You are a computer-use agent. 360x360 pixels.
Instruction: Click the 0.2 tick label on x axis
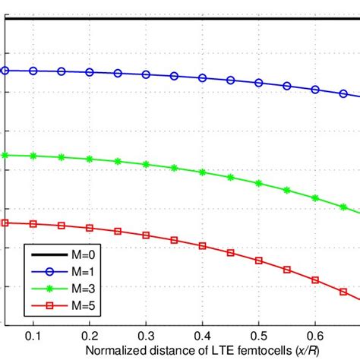point(90,335)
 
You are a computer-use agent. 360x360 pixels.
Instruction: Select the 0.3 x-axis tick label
point(146,335)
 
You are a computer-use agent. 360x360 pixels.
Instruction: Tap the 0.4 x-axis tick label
point(202,335)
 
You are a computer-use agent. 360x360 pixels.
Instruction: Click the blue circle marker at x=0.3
point(147,74)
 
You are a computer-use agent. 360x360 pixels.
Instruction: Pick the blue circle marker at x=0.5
point(259,82)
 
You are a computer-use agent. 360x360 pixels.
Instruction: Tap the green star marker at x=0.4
point(203,172)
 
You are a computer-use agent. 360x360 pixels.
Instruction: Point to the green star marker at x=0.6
point(315,197)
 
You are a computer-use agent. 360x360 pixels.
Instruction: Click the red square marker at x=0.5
point(259,260)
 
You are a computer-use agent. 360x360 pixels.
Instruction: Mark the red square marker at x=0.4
point(203,245)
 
